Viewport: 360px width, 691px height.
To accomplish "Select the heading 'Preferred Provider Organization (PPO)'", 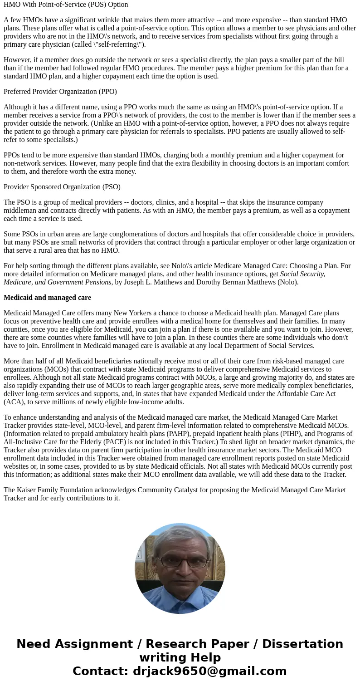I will click(x=60, y=92).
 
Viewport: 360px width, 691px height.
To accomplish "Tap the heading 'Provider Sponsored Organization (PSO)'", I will click(x=62, y=187).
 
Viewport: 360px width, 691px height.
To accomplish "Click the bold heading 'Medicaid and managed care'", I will click(x=47, y=298).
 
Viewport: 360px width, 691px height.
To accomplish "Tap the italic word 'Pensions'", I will click(x=98, y=282).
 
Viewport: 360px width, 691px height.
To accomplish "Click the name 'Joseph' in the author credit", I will click(x=135, y=282).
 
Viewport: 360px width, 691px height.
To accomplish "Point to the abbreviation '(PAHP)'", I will click(x=178, y=434).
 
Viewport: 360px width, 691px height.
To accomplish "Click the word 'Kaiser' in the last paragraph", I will click(x=27, y=490).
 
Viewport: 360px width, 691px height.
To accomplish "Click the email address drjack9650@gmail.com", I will click(x=209, y=671).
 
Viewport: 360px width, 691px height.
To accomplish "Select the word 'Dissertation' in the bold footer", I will click(x=302, y=644).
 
